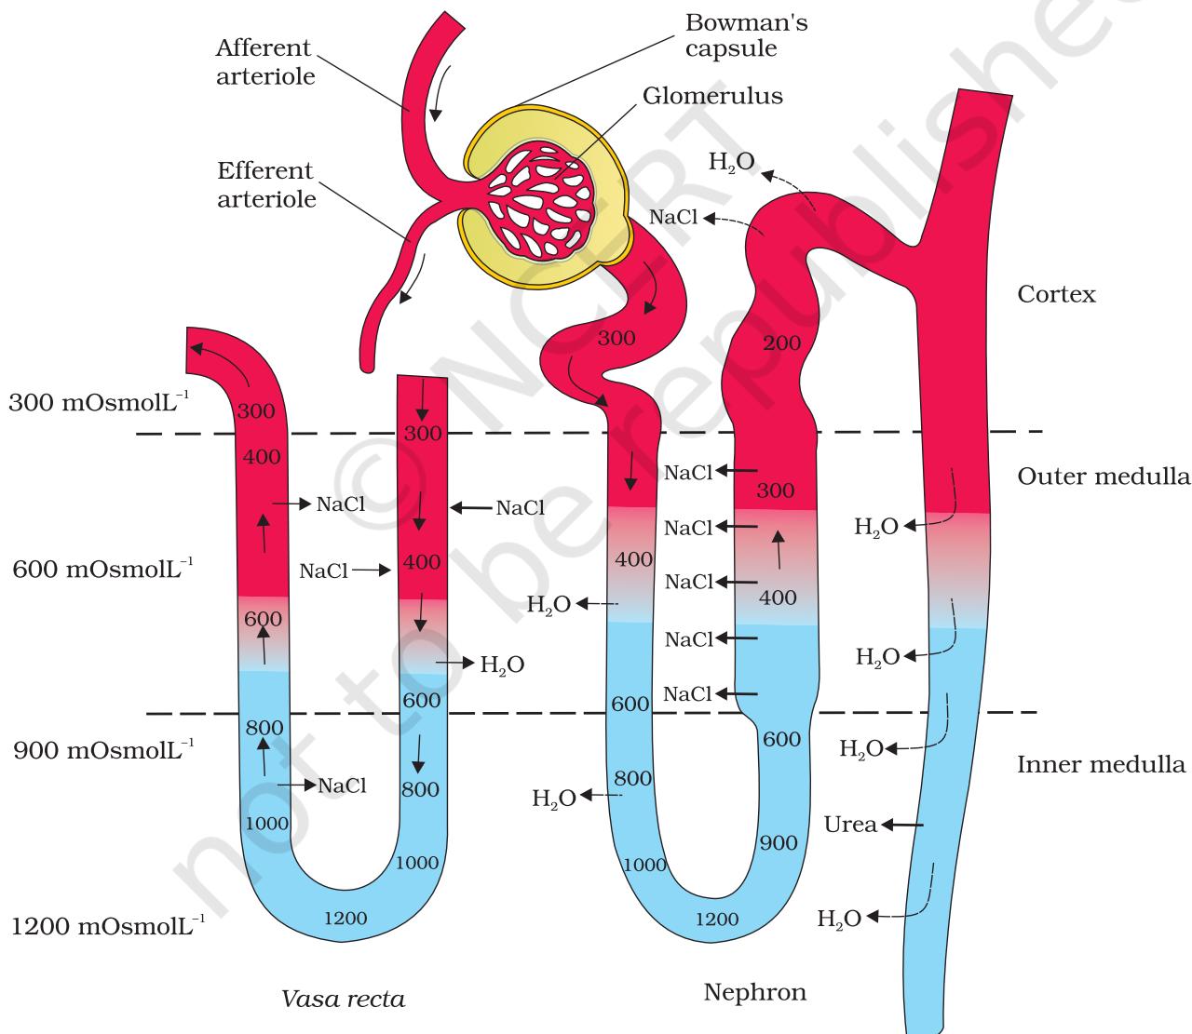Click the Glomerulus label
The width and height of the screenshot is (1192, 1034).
tap(711, 96)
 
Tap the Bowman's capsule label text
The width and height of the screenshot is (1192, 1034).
tap(746, 35)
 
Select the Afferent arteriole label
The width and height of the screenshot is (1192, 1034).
tap(265, 61)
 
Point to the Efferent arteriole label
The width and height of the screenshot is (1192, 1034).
tap(266, 184)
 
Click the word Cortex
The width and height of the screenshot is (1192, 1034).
tap(1056, 294)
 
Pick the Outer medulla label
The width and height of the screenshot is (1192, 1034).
tap(1104, 477)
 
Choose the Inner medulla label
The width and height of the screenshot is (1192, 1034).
tap(1101, 764)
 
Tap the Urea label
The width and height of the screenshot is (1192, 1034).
tap(850, 825)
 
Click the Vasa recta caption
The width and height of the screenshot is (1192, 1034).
tap(343, 999)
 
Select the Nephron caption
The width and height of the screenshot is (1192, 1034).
tap(754, 991)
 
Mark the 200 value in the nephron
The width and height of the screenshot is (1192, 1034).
tap(782, 342)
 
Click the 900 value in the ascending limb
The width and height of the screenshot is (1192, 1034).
tap(779, 842)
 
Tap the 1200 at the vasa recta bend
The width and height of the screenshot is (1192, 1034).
tap(345, 919)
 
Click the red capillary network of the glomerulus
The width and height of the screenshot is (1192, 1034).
tap(539, 199)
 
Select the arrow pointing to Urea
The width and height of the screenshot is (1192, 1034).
tap(901, 825)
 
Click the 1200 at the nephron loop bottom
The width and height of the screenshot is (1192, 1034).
tap(717, 919)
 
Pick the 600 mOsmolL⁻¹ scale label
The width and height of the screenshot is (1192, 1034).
tap(102, 569)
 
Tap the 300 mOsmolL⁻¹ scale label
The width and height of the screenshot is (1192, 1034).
tap(99, 401)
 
